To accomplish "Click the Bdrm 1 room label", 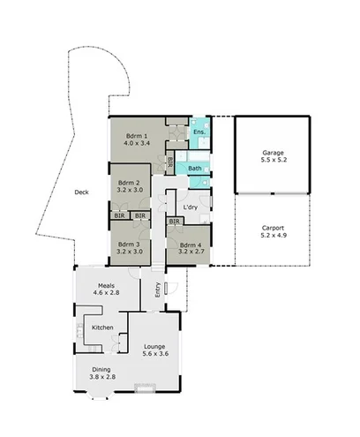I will (x=136, y=135).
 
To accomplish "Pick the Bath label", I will (x=195, y=168).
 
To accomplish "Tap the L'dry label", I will (x=191, y=207).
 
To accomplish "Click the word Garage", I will (x=272, y=153).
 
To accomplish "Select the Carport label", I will (x=272, y=228).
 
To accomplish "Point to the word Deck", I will (x=81, y=192).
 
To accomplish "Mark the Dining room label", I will (x=102, y=369).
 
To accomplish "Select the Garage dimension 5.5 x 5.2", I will (x=272, y=162).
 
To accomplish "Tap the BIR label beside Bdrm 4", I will (x=174, y=221).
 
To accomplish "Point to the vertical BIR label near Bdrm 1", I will (x=169, y=162).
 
